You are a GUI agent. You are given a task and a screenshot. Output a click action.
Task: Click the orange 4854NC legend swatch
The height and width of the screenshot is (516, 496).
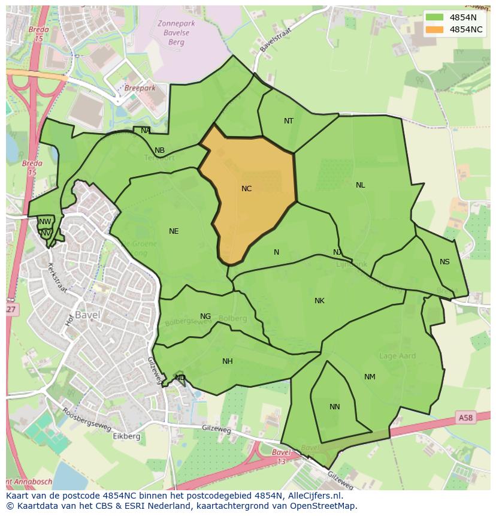pyautogui.click(x=435, y=29)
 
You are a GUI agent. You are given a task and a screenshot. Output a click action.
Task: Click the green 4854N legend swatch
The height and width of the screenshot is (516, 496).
pyautogui.click(x=435, y=17)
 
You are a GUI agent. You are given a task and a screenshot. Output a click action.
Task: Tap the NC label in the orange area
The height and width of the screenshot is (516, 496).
pyautogui.click(x=246, y=189)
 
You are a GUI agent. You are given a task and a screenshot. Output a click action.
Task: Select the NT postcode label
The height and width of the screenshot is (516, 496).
pyautogui.click(x=289, y=121)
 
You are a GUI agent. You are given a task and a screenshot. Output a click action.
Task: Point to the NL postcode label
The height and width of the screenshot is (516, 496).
pyautogui.click(x=360, y=185)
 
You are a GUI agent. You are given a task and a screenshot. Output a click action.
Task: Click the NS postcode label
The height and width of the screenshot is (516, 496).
pyautogui.click(x=444, y=262)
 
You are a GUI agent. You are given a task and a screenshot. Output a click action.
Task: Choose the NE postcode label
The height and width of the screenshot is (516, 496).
pyautogui.click(x=174, y=231)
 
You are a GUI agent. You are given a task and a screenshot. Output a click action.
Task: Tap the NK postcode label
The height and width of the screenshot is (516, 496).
pyautogui.click(x=319, y=301)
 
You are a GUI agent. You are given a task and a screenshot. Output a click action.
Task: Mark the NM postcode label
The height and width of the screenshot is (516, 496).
pyautogui.click(x=370, y=377)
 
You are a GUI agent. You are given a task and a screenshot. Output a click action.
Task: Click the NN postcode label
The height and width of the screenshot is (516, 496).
pyautogui.click(x=335, y=407)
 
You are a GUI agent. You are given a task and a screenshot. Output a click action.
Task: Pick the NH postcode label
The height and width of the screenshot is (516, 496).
pyautogui.click(x=228, y=361)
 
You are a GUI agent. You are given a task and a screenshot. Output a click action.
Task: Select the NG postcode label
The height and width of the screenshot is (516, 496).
pyautogui.click(x=205, y=316)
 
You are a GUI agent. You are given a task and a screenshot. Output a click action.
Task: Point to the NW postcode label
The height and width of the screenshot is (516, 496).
pyautogui.click(x=45, y=222)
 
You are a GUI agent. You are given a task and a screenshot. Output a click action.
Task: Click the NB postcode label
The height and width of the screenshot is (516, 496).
pyautogui.click(x=159, y=150)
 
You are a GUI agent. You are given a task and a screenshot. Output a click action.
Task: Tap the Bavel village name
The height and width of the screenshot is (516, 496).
pyautogui.click(x=87, y=315)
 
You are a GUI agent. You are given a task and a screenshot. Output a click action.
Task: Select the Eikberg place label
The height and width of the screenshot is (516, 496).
pyautogui.click(x=126, y=436)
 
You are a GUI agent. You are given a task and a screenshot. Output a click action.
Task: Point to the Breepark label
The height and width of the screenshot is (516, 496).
pyautogui.click(x=140, y=87)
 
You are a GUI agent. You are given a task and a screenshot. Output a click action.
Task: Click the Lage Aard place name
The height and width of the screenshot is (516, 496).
pyautogui.click(x=397, y=356)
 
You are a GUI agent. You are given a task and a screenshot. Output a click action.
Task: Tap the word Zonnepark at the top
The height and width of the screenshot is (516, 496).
pyautogui.click(x=173, y=23)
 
